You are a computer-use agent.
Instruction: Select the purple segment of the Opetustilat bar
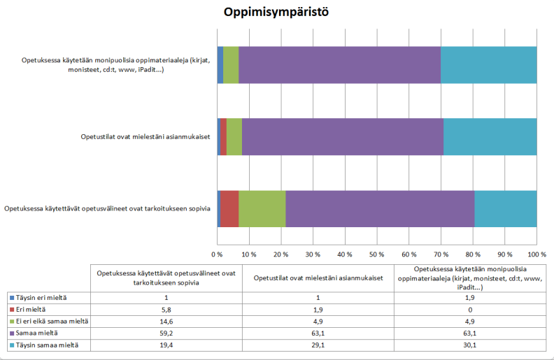click(343, 136)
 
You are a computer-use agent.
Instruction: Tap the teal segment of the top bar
click(488, 64)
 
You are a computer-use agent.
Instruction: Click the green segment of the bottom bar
click(262, 208)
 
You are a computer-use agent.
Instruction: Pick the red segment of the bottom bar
click(229, 208)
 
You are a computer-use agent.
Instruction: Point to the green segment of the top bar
click(231, 64)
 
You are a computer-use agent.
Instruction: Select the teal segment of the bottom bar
click(506, 208)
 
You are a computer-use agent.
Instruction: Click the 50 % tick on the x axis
click(377, 252)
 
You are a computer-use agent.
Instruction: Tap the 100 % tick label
click(537, 252)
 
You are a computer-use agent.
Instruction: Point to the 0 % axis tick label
click(218, 252)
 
